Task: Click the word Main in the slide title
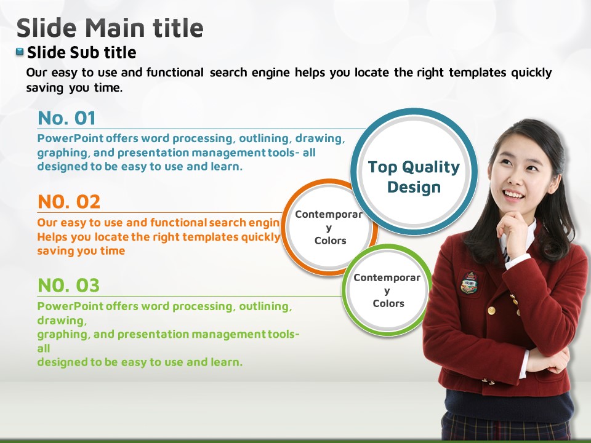(115, 28)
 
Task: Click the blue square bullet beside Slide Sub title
(20, 52)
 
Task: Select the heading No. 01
(66, 118)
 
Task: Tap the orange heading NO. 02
(69, 202)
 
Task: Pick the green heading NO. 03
(68, 285)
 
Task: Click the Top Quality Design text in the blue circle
(414, 177)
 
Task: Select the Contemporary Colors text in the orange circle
(329, 227)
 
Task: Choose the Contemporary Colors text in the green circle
(387, 290)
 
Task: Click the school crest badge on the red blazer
(470, 282)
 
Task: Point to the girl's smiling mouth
(513, 195)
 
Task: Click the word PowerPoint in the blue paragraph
(70, 138)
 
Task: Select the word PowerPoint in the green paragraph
(70, 306)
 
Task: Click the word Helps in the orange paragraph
(52, 237)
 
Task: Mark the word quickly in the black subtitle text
(531, 73)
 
